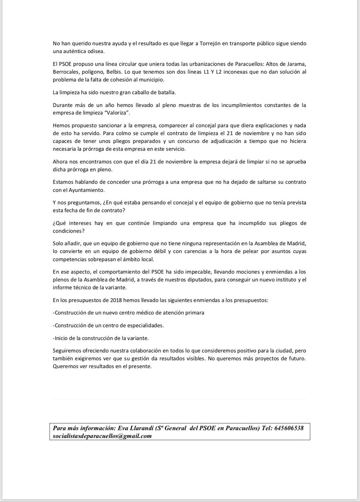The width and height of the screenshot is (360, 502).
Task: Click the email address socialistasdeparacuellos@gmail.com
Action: click(102, 435)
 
